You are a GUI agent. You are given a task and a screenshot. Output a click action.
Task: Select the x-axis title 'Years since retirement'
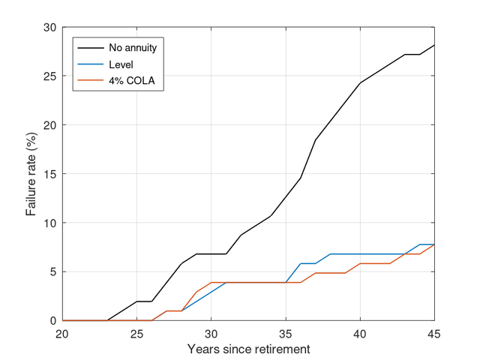(248, 349)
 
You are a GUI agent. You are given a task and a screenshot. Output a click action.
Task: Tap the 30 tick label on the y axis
(49, 28)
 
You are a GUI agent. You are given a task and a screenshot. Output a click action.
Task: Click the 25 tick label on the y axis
(49, 76)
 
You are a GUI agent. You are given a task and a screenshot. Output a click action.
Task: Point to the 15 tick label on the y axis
(49, 174)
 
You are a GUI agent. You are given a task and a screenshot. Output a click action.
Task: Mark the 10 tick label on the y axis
(49, 223)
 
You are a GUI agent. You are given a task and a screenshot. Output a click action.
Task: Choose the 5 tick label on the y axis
(52, 271)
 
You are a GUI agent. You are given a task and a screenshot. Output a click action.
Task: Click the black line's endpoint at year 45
(434, 45)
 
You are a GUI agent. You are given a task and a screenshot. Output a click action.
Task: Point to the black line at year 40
(360, 83)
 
